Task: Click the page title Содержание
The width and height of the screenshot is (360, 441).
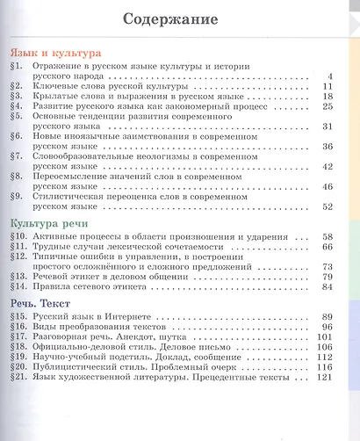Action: (x=178, y=19)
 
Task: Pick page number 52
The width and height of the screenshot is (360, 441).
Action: (x=328, y=206)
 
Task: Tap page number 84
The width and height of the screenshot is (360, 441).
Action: (x=328, y=286)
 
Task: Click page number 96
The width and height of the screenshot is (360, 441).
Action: (x=328, y=327)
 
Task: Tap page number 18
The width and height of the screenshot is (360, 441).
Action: (x=328, y=94)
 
